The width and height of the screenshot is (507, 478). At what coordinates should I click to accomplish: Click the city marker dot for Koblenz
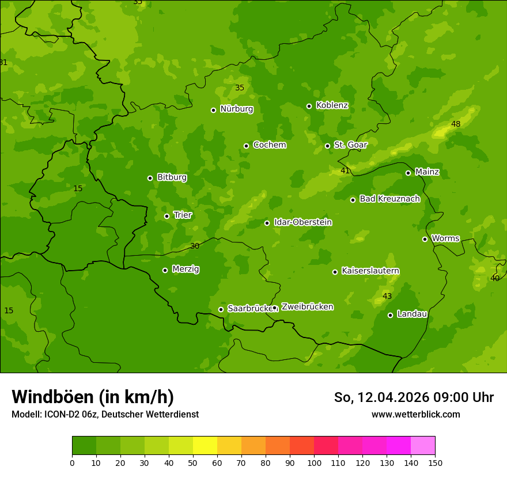pos(309,106)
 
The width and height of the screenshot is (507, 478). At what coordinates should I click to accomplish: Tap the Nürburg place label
pos(236,109)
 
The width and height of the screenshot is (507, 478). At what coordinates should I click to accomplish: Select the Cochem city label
pos(269,145)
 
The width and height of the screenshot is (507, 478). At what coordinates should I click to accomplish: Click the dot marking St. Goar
pos(327,146)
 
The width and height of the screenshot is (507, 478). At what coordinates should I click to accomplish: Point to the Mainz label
pos(427,172)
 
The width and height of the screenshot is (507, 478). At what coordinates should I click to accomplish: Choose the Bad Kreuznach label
pos(389,199)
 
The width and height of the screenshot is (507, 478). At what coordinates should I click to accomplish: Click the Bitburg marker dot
pos(150,178)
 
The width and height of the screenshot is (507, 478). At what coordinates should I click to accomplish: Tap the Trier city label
pos(183,215)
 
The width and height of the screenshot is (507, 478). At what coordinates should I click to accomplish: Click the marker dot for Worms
pos(425,239)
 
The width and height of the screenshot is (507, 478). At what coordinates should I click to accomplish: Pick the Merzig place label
pos(186,270)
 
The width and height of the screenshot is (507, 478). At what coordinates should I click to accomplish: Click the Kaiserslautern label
pos(370,271)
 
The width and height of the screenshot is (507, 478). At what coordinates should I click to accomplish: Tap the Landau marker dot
pos(390,315)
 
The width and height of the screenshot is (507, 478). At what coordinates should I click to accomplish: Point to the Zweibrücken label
pos(307,307)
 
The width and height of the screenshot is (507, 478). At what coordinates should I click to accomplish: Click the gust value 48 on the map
pos(456,124)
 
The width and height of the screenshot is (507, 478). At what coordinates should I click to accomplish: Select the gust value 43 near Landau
pos(387,297)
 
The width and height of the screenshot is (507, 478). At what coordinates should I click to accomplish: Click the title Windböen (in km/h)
pos(93,397)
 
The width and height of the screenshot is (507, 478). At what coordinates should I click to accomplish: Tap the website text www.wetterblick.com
pos(415,415)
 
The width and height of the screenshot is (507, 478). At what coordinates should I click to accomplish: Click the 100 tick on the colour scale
pos(314,462)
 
